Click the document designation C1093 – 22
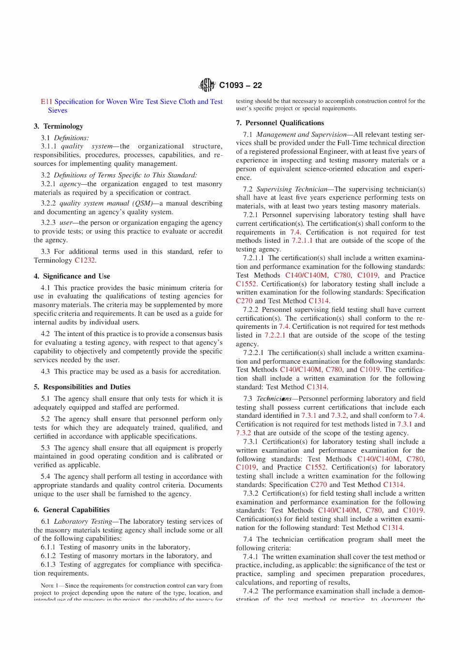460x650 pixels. (x=240, y=86)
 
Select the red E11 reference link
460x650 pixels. (x=46, y=102)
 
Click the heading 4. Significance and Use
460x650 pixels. (x=72, y=276)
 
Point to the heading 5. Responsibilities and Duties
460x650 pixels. (x=82, y=387)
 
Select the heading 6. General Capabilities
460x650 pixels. (x=72, y=510)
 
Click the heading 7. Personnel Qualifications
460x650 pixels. (x=280, y=123)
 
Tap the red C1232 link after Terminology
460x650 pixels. (x=85, y=260)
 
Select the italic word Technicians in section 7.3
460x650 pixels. (x=274, y=399)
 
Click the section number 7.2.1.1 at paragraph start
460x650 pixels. (x=253, y=258)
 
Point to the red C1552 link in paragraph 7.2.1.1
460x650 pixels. (x=246, y=284)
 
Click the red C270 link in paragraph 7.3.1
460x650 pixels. (x=319, y=485)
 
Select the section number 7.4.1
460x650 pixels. (x=250, y=557)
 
